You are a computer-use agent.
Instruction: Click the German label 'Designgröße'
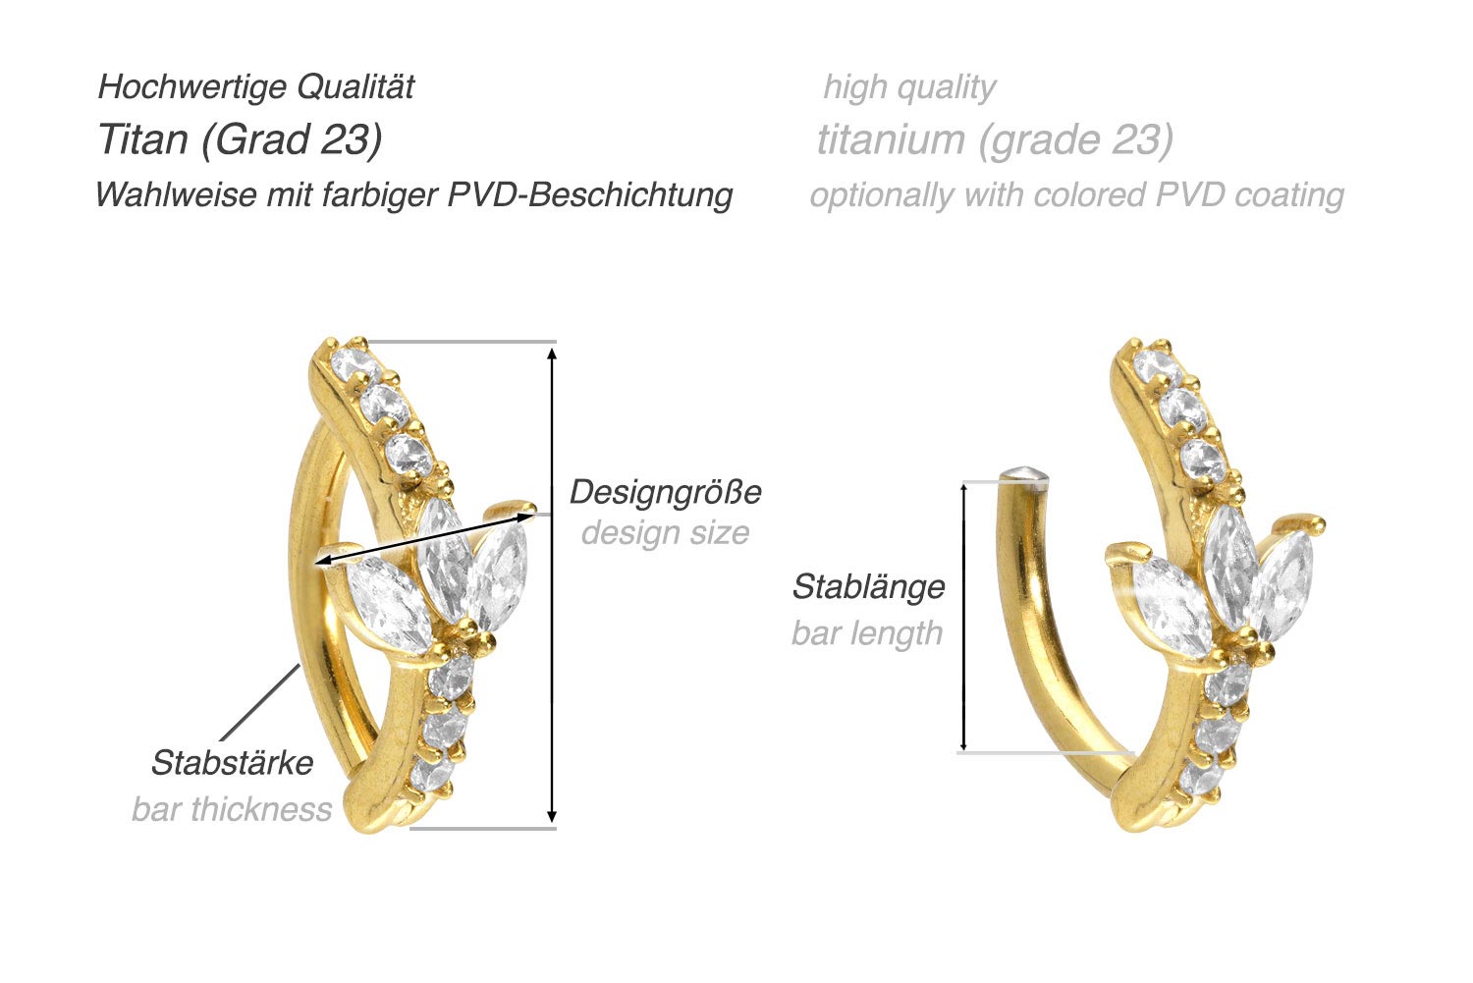[x=665, y=491]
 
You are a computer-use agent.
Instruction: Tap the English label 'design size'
[x=665, y=533]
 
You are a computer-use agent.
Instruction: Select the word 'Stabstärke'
[x=232, y=763]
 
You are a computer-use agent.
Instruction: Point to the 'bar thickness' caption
[x=232, y=809]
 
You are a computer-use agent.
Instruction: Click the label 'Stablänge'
[x=868, y=587]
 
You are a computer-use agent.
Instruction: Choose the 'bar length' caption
[x=867, y=633]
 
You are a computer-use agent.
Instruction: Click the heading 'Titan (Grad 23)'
[x=240, y=140]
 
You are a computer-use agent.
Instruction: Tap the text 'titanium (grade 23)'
[x=995, y=140]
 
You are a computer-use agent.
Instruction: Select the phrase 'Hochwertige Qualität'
[x=256, y=87]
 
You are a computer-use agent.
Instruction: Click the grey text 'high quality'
[x=909, y=87]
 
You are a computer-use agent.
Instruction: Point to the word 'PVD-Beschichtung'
[x=590, y=194]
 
